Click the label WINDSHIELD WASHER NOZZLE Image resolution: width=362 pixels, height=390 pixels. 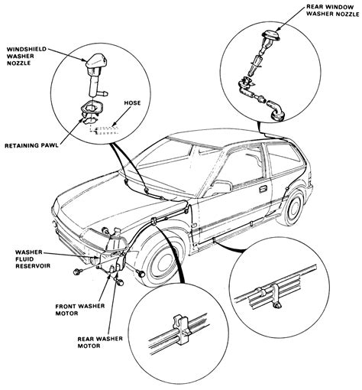[27, 56]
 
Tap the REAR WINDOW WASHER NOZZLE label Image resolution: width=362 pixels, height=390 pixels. [332, 11]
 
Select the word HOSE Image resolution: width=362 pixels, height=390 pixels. [132, 103]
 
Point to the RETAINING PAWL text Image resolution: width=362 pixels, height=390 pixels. [31, 146]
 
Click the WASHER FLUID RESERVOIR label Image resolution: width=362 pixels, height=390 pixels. [33, 259]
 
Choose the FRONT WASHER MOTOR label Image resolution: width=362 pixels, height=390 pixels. [80, 310]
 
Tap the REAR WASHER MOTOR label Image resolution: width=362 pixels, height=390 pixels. [100, 343]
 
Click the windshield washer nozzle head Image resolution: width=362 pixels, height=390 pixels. [96, 63]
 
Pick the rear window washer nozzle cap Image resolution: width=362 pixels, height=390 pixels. [271, 34]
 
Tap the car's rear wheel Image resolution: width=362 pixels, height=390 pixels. [292, 208]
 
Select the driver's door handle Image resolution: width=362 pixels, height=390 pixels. [263, 189]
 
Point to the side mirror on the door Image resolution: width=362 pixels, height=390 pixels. [221, 187]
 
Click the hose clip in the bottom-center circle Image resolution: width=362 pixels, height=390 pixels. [181, 330]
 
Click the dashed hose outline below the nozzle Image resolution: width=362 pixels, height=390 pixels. [104, 129]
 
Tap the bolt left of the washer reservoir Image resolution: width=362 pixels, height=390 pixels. [77, 271]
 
